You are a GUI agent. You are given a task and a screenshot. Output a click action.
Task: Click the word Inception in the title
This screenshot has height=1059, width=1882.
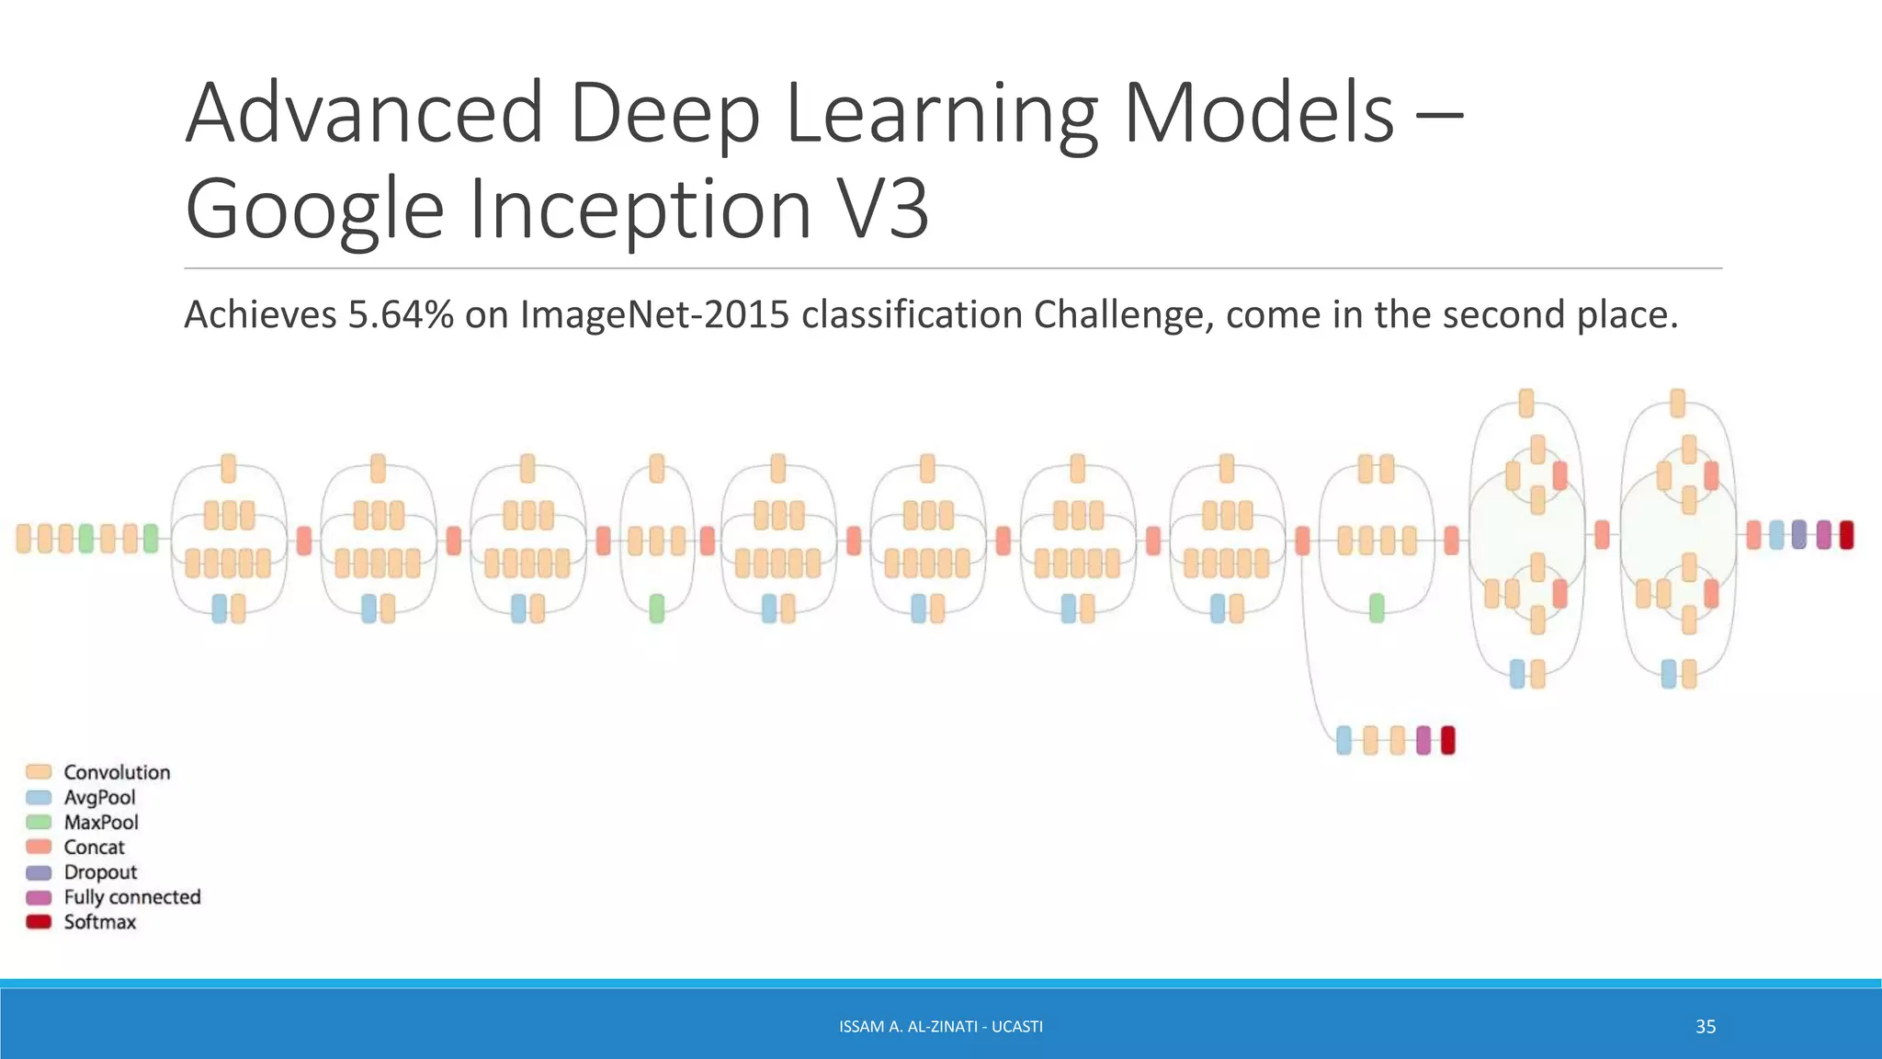(x=641, y=210)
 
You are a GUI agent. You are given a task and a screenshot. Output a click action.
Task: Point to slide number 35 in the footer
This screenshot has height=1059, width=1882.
(x=1706, y=1027)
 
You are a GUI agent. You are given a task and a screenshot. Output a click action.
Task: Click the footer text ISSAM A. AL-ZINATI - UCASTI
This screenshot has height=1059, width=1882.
(x=941, y=1027)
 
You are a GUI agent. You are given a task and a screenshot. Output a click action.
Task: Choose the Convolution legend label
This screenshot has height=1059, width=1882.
(x=117, y=772)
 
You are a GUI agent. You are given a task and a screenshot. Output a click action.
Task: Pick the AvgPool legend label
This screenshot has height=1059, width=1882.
(x=99, y=797)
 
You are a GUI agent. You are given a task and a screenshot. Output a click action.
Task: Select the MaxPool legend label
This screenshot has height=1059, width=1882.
(x=101, y=822)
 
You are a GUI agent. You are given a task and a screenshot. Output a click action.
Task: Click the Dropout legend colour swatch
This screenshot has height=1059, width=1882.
(x=39, y=872)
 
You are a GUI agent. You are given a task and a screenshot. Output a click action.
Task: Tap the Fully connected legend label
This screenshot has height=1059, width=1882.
(x=132, y=897)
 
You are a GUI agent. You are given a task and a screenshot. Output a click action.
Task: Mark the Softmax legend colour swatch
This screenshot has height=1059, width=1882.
(x=39, y=922)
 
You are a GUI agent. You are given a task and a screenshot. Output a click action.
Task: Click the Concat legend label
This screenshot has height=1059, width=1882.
(x=94, y=847)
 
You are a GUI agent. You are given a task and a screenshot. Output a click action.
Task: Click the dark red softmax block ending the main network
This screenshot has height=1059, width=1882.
(x=1846, y=535)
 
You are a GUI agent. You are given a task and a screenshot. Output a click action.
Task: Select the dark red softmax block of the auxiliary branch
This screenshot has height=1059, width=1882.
(x=1448, y=740)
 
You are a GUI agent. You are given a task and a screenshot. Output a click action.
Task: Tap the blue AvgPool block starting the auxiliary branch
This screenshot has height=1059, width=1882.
(x=1343, y=740)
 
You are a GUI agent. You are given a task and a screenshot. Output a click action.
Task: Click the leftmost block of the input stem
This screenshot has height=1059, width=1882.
(x=24, y=539)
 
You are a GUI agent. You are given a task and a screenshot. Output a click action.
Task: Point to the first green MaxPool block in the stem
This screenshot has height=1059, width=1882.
(x=86, y=539)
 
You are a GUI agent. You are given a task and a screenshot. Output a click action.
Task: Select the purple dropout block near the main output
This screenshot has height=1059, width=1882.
(x=1798, y=535)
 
